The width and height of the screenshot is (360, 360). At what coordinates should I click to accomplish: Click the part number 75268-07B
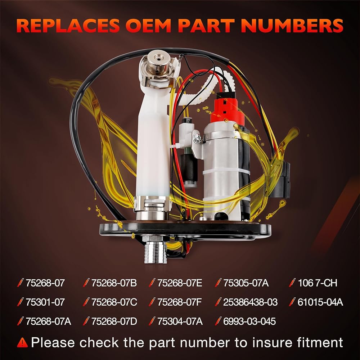114,283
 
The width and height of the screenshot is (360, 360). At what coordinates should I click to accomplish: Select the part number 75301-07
45,302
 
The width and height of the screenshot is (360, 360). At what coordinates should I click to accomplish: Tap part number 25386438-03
250,302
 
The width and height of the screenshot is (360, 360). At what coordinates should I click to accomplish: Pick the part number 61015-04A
320,302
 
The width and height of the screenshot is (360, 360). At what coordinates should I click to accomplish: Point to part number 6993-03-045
249,321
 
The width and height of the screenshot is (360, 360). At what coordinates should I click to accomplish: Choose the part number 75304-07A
180,321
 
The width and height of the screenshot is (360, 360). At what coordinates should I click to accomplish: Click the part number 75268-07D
114,321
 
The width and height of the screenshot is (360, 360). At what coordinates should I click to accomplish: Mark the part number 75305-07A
246,283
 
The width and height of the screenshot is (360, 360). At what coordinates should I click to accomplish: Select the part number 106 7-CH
318,283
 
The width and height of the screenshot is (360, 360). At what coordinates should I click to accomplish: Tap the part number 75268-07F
179,302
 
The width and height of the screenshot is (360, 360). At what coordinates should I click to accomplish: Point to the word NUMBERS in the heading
292,25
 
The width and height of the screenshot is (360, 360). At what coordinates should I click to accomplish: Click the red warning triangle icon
22,343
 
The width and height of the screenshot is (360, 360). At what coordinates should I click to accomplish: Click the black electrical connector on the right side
280,179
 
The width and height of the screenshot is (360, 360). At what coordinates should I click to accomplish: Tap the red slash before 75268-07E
152,283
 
